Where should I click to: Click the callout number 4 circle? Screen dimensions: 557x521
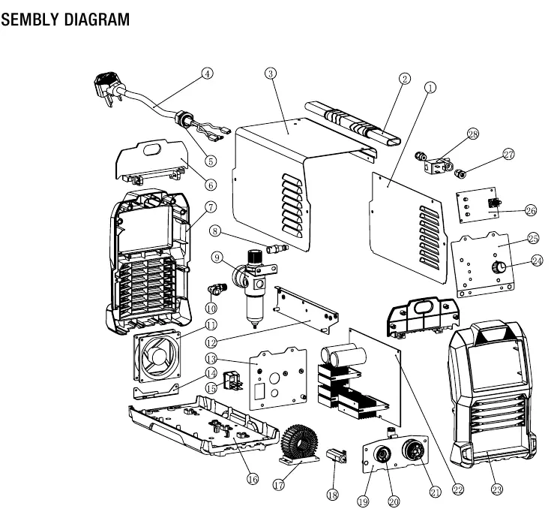[x=207, y=74]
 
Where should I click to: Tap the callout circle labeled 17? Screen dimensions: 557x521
[x=279, y=484]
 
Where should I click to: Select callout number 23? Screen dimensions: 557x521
[x=497, y=489]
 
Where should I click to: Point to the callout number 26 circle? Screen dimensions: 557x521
[x=531, y=210]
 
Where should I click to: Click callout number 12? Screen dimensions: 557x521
[x=211, y=342]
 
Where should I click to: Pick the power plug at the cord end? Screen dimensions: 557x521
[x=106, y=88]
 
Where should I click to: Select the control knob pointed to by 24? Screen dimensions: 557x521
[x=499, y=267]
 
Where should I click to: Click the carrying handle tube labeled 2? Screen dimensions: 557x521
[x=352, y=122]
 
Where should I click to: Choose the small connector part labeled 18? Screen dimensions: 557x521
[x=337, y=455]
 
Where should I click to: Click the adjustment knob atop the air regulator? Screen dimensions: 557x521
[x=254, y=257]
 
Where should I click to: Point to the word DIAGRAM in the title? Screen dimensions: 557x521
[x=97, y=20]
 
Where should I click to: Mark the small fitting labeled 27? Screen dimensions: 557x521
[x=461, y=174]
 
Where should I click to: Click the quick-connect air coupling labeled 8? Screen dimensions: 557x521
[x=277, y=248]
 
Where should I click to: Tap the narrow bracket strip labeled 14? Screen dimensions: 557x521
[x=156, y=392]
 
